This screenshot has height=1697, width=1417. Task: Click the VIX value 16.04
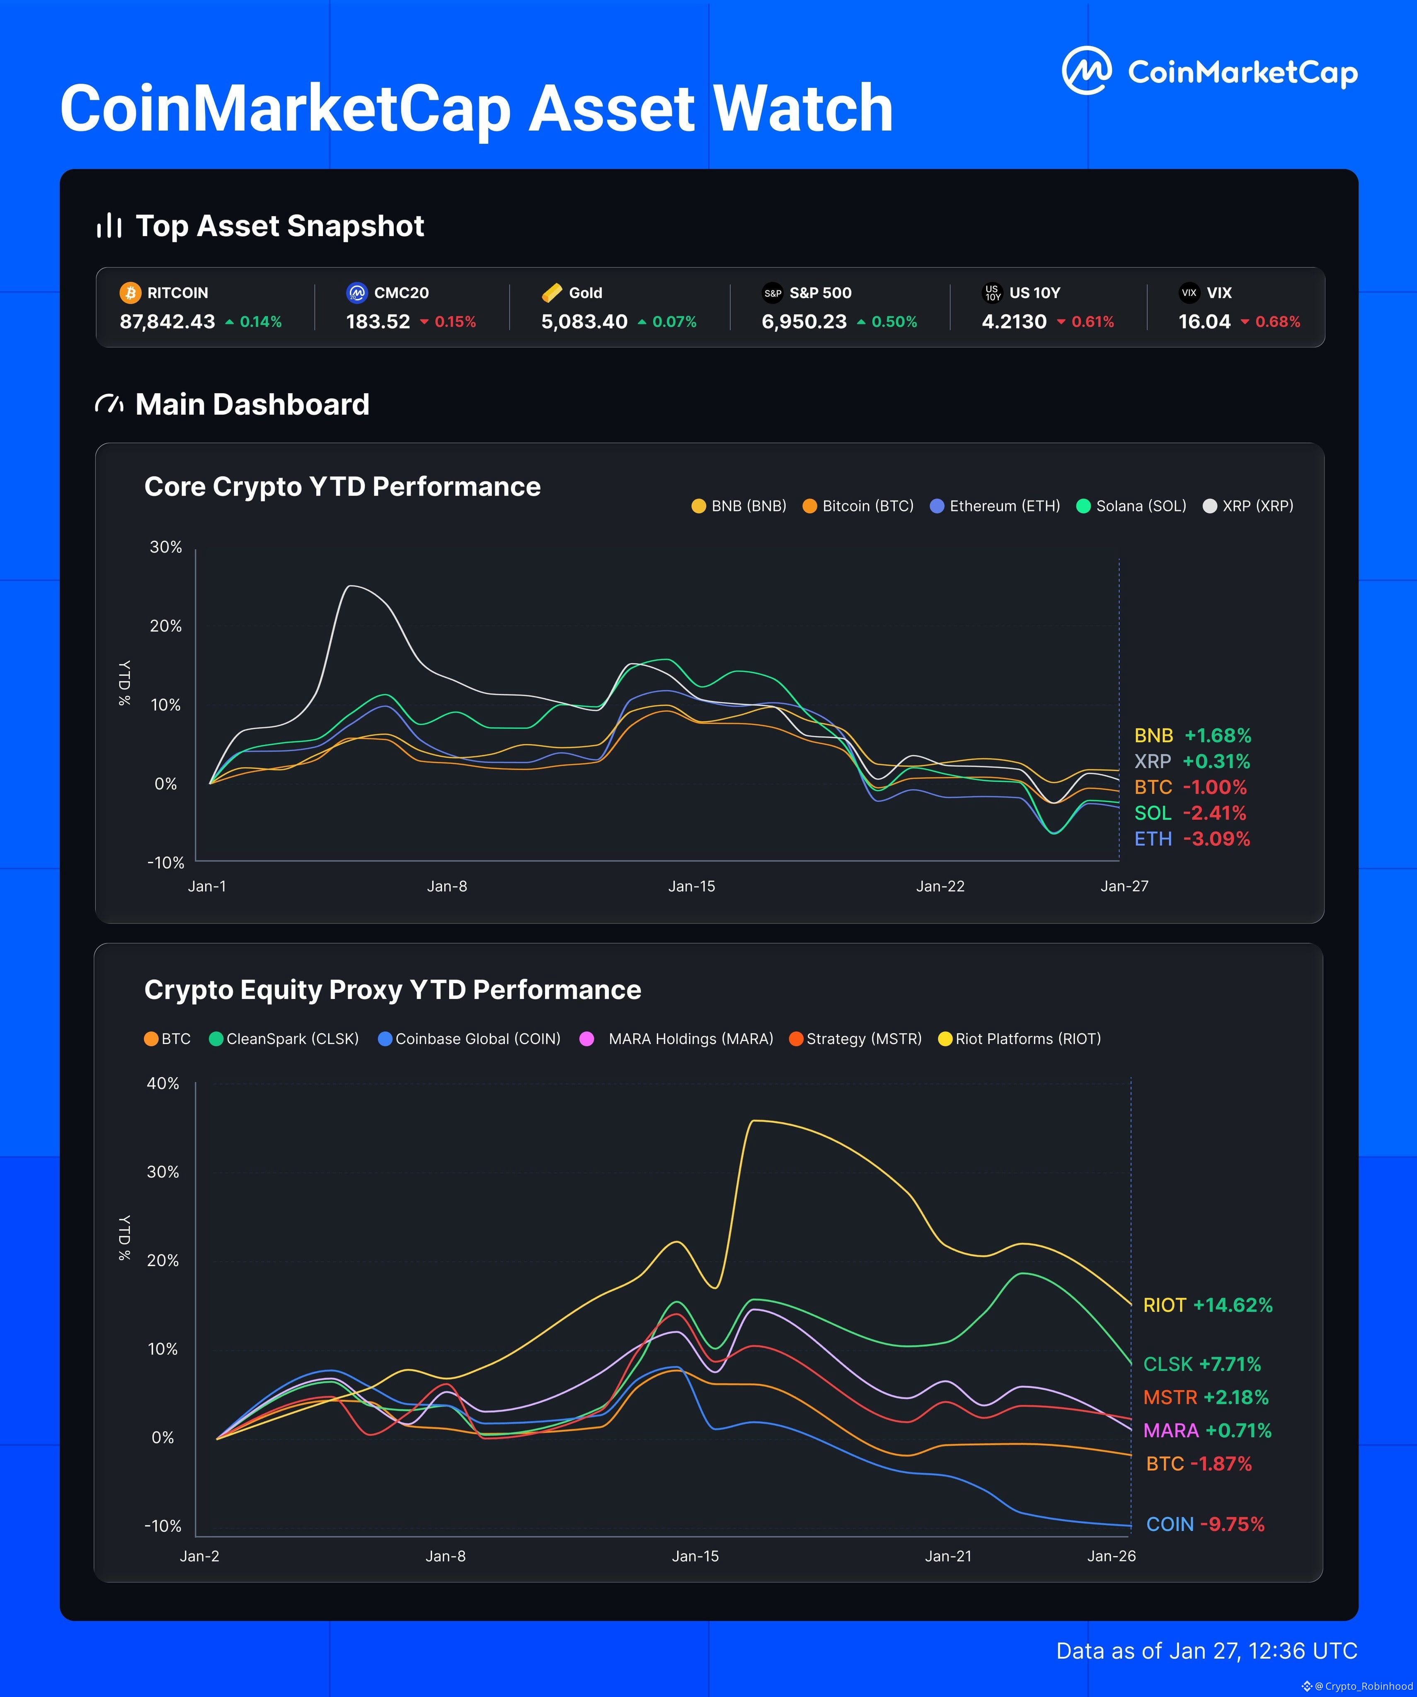tap(1204, 322)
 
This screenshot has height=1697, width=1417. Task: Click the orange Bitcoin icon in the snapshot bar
tap(129, 293)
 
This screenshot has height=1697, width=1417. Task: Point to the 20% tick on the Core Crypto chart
tap(166, 626)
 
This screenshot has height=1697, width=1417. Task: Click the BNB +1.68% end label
tap(1192, 735)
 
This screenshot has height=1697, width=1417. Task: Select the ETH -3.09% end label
tap(1192, 839)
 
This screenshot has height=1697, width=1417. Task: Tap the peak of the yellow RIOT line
tap(753, 1121)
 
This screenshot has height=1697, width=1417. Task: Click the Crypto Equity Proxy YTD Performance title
tap(392, 990)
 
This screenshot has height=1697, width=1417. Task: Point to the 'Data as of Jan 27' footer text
tap(1206, 1651)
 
